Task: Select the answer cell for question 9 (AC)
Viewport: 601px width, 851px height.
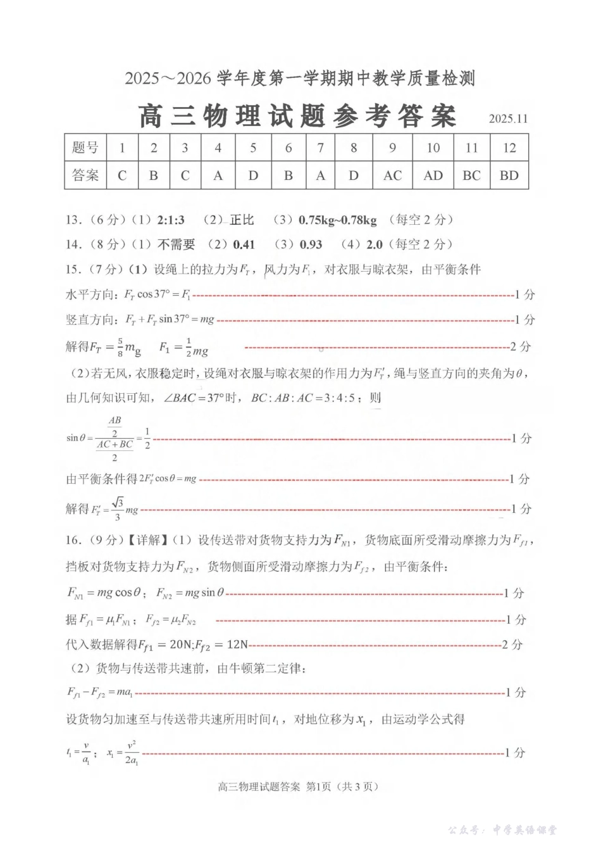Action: tap(392, 176)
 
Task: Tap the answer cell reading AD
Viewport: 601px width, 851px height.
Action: tap(433, 176)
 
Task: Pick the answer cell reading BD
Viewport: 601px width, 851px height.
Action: tap(509, 176)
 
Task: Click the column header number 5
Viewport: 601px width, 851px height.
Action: tap(253, 148)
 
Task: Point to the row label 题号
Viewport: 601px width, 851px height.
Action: tap(85, 148)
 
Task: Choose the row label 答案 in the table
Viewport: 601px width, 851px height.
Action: tap(85, 176)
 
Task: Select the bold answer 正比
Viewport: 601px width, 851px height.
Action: tap(242, 220)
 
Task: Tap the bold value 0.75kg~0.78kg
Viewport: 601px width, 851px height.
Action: tap(337, 220)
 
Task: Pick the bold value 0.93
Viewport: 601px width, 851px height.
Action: tap(311, 244)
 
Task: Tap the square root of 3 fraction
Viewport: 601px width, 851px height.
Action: tap(117, 508)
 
